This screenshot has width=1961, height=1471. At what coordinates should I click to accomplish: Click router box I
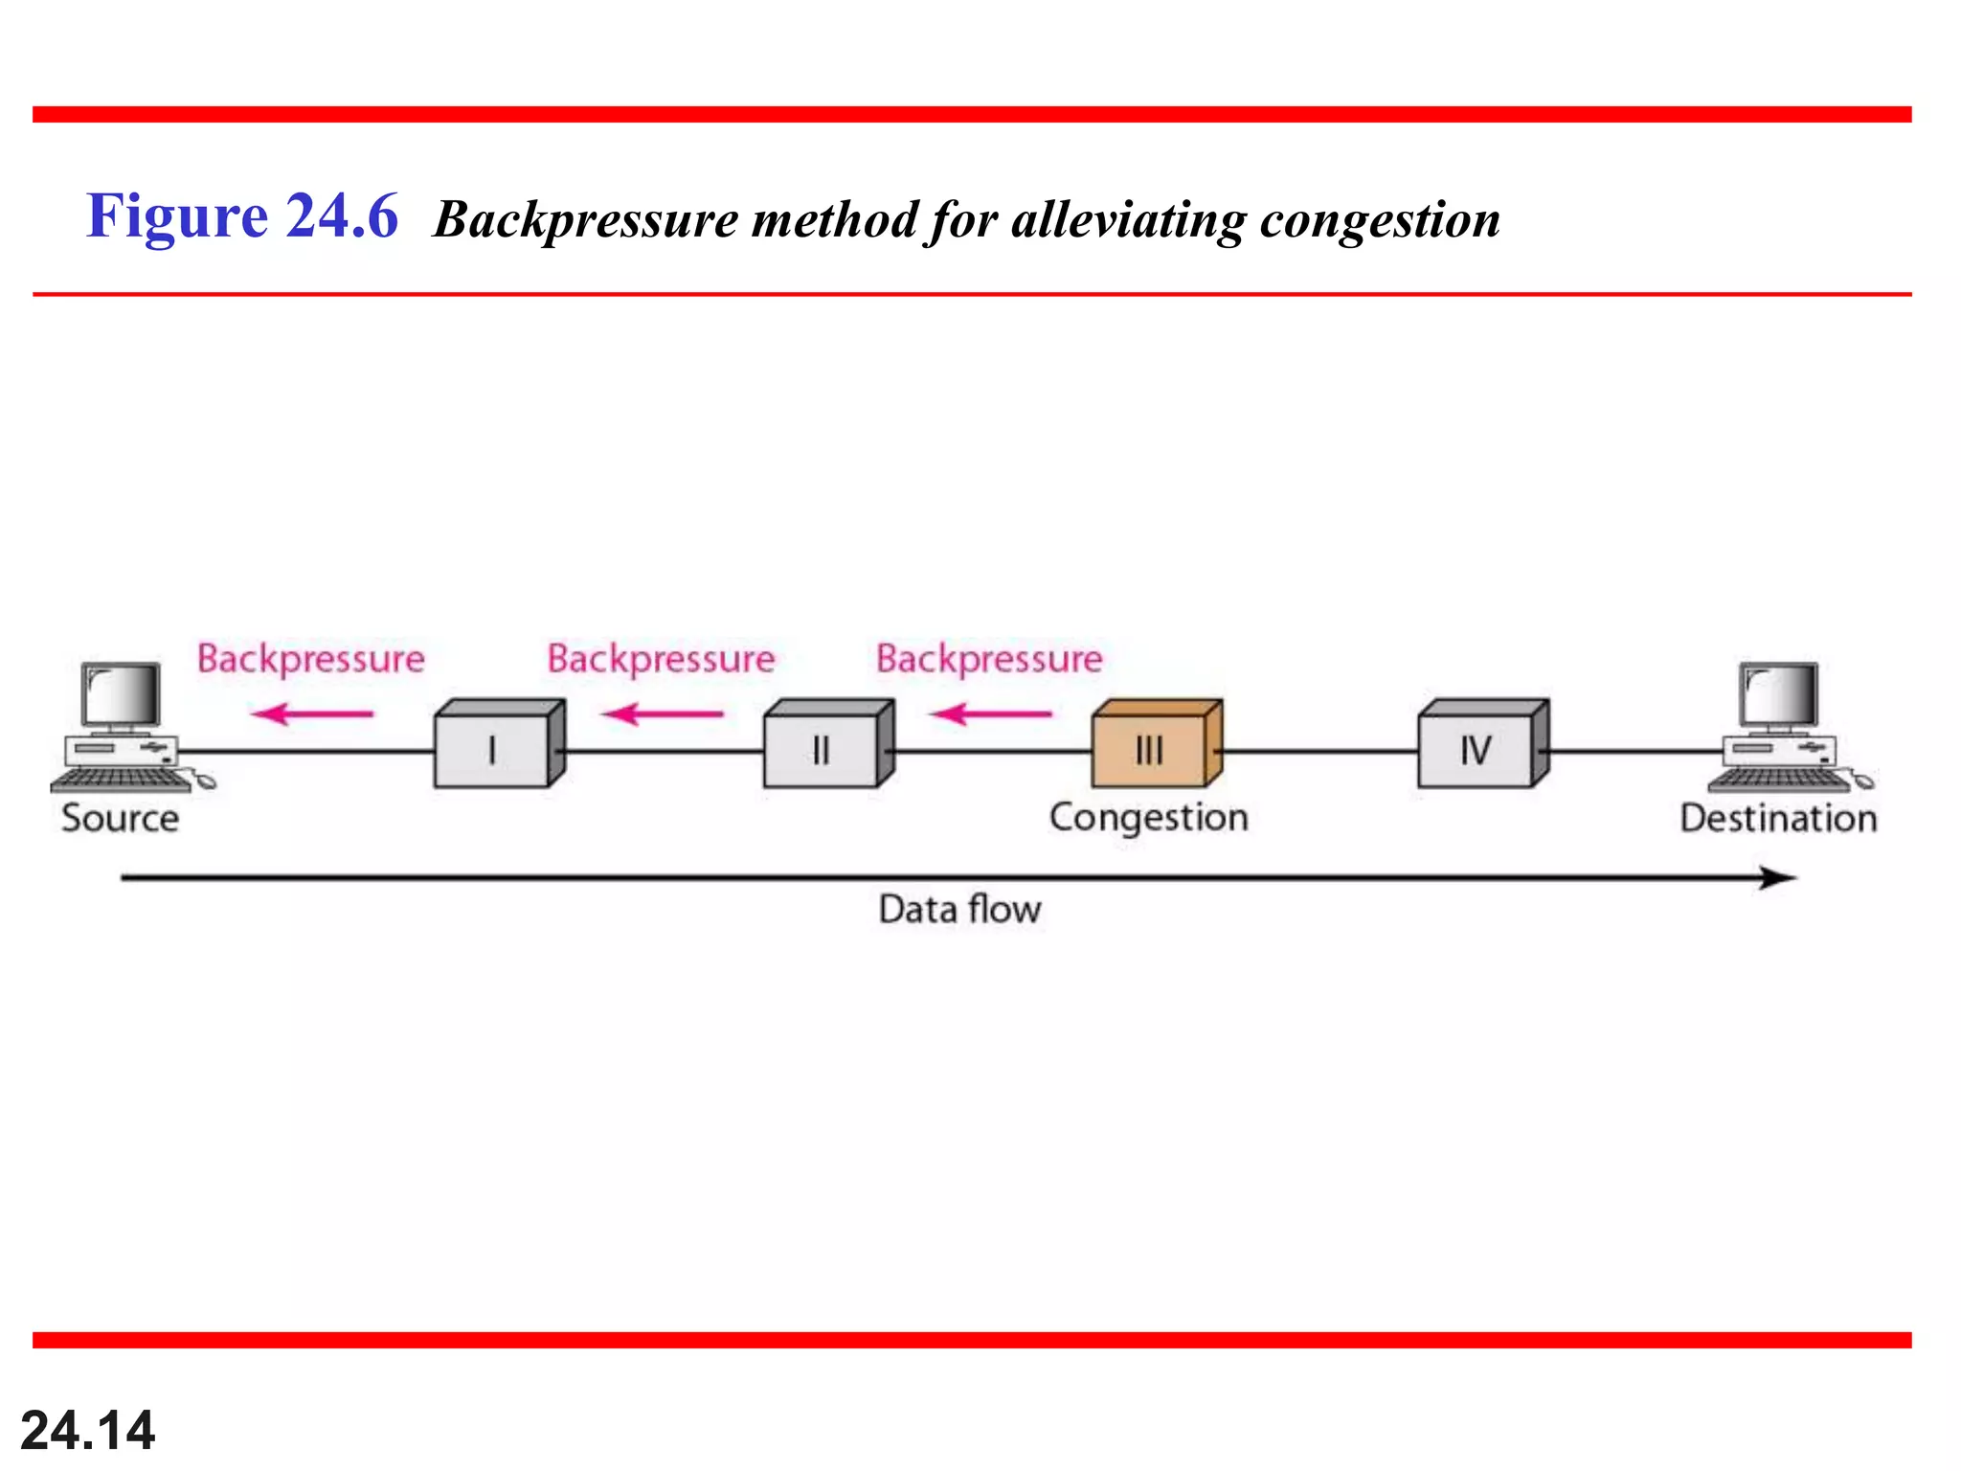493,749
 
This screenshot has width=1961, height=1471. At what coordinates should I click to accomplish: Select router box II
823,749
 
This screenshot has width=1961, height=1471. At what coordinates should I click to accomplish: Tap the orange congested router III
1150,749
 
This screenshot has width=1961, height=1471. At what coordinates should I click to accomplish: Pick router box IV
1476,749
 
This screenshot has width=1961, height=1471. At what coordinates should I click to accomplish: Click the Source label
120,819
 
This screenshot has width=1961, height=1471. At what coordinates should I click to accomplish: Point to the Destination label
1778,819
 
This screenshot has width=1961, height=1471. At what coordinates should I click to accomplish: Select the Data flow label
959,909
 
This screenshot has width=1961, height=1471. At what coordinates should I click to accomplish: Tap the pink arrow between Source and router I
312,713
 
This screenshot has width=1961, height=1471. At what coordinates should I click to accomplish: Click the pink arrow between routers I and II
663,713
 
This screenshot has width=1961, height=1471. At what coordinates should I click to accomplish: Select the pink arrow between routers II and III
991,713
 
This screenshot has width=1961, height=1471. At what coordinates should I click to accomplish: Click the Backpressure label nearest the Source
311,659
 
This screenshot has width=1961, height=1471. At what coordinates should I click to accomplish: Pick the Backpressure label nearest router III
989,659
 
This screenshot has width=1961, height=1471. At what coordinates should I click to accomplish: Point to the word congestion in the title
1380,220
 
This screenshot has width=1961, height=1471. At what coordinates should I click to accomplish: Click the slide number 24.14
87,1430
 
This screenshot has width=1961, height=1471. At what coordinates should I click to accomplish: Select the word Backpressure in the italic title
586,220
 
